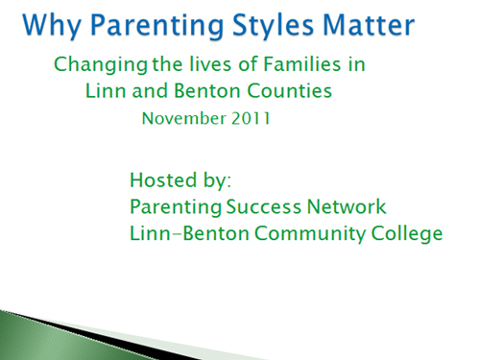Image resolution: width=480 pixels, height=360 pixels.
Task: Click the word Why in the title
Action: pyautogui.click(x=52, y=26)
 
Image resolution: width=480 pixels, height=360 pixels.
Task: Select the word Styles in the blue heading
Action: pyautogui.click(x=273, y=26)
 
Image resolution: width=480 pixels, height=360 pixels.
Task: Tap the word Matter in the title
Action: pyautogui.click(x=369, y=24)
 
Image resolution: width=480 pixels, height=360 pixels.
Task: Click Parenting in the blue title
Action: pyautogui.click(x=156, y=26)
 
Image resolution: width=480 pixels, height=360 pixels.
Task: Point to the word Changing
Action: pyautogui.click(x=101, y=65)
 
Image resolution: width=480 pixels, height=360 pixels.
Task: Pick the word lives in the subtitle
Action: pyautogui.click(x=209, y=64)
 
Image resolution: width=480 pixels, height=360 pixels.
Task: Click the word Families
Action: pyautogui.click(x=301, y=64)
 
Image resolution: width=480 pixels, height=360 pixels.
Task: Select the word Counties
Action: pyautogui.click(x=289, y=90)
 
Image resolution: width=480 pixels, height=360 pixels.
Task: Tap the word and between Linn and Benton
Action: pyautogui.click(x=150, y=90)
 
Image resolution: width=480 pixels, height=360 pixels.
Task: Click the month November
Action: pyautogui.click(x=184, y=118)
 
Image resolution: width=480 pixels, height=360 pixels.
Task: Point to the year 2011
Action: pyautogui.click(x=251, y=118)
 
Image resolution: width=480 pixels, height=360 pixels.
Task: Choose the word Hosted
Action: pyautogui.click(x=163, y=180)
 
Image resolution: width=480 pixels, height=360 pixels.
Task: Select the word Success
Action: pyautogui.click(x=264, y=206)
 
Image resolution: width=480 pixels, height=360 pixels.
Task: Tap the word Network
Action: pyautogui.click(x=347, y=206)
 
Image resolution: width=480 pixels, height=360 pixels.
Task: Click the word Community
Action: pyautogui.click(x=310, y=234)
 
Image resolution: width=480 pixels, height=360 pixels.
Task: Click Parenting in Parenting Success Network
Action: pyautogui.click(x=176, y=207)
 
